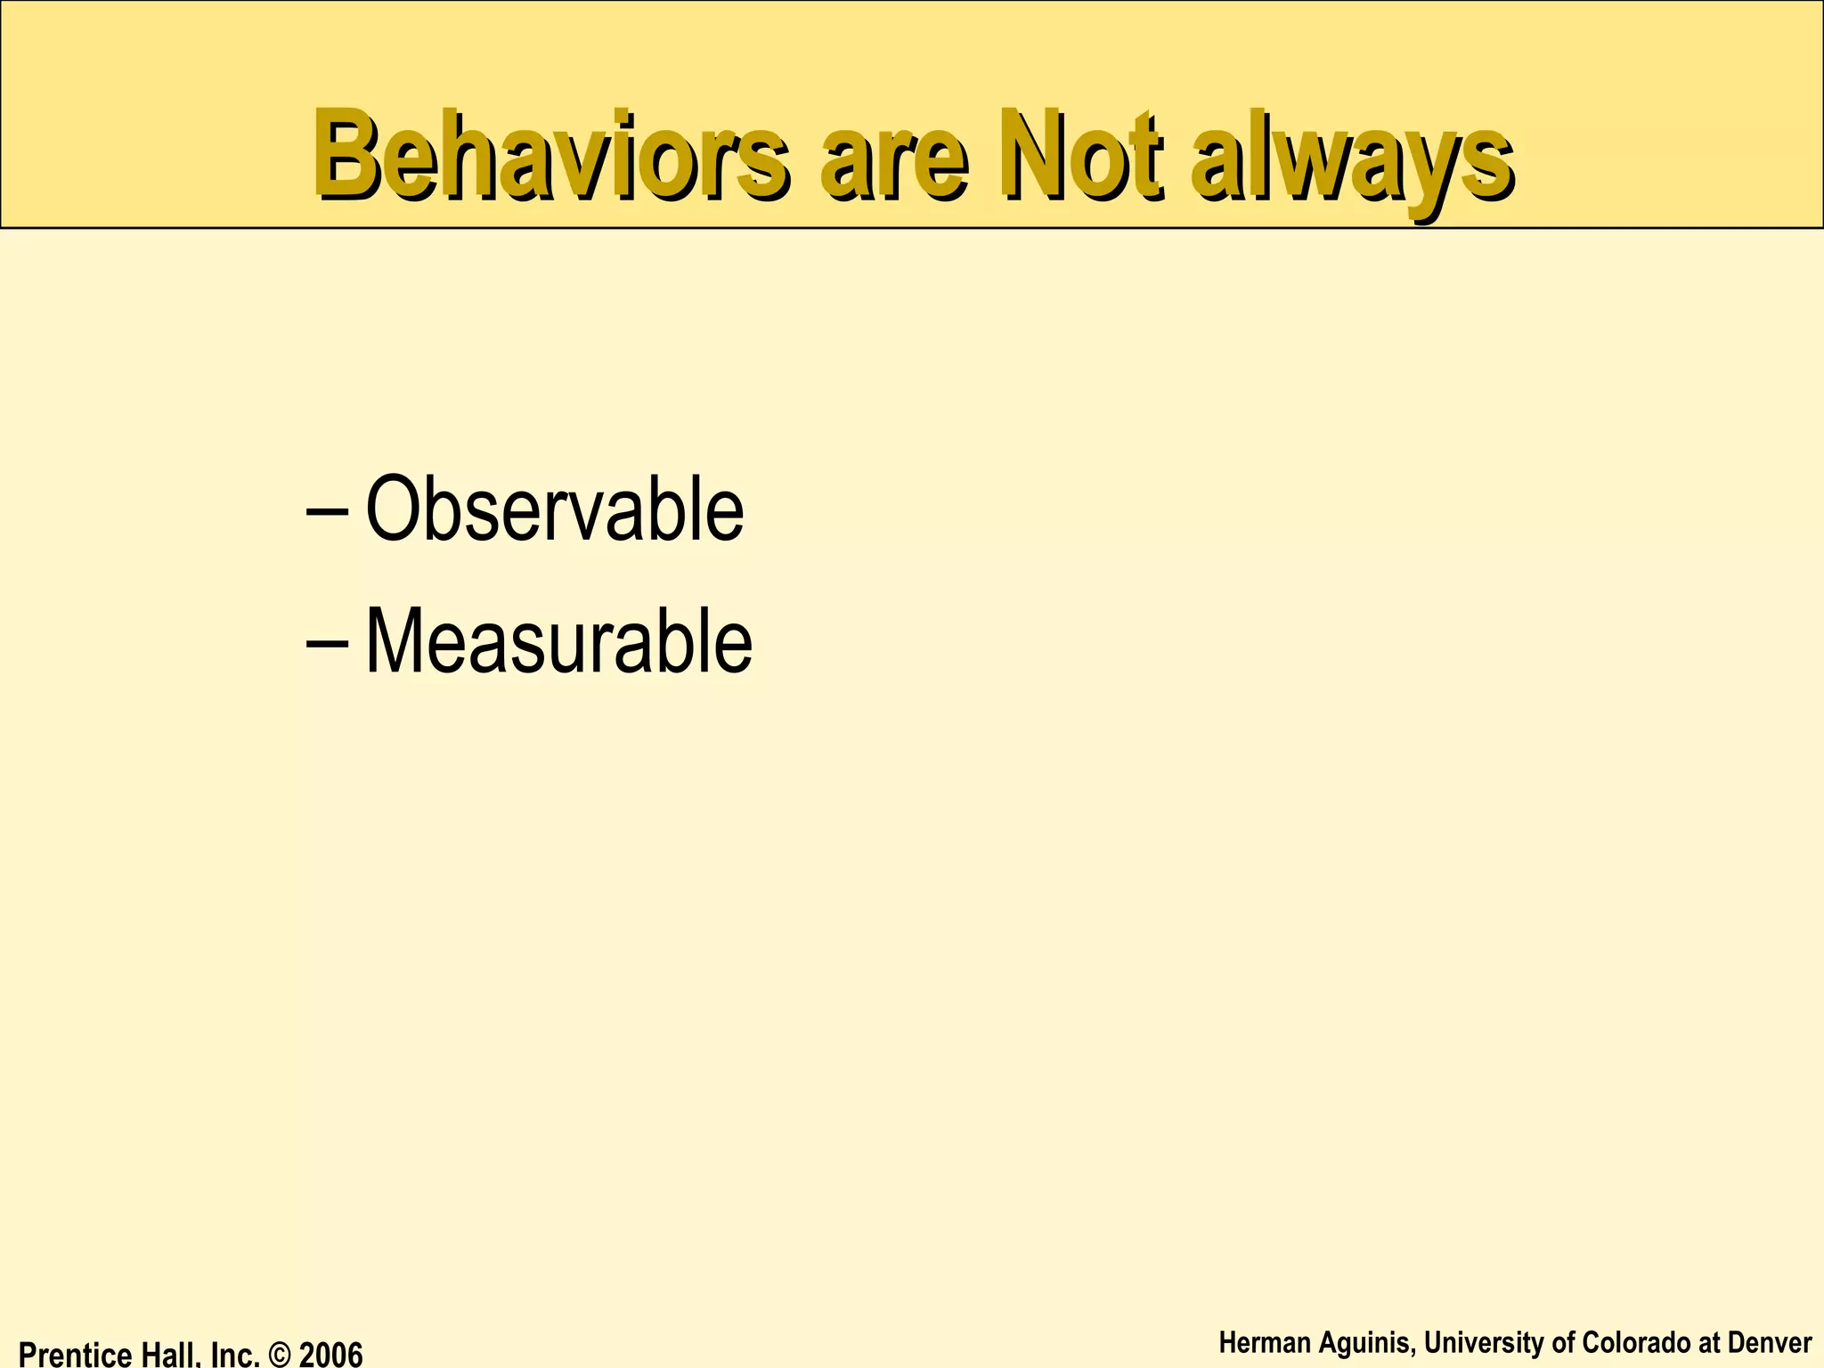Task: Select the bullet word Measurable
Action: tap(558, 642)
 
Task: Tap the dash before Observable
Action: tap(327, 514)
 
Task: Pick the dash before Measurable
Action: tap(327, 644)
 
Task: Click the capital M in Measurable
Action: tap(394, 641)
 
